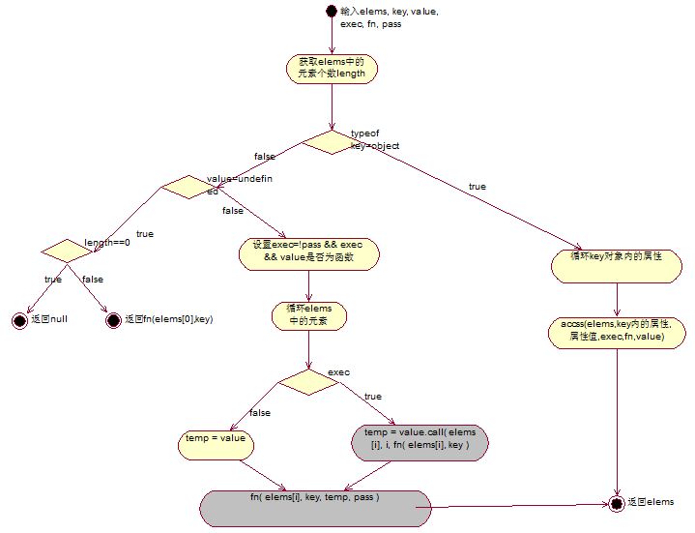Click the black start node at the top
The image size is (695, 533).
click(x=331, y=12)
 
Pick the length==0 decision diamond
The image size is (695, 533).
click(x=65, y=250)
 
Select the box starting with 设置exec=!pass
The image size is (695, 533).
click(x=308, y=253)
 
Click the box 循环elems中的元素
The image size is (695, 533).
click(x=308, y=315)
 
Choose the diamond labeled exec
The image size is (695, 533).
click(x=307, y=382)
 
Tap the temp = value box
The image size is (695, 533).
click(x=217, y=444)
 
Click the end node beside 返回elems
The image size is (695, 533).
click(x=615, y=503)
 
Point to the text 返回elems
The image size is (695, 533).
click(x=650, y=503)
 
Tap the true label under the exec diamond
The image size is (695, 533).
click(x=373, y=397)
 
